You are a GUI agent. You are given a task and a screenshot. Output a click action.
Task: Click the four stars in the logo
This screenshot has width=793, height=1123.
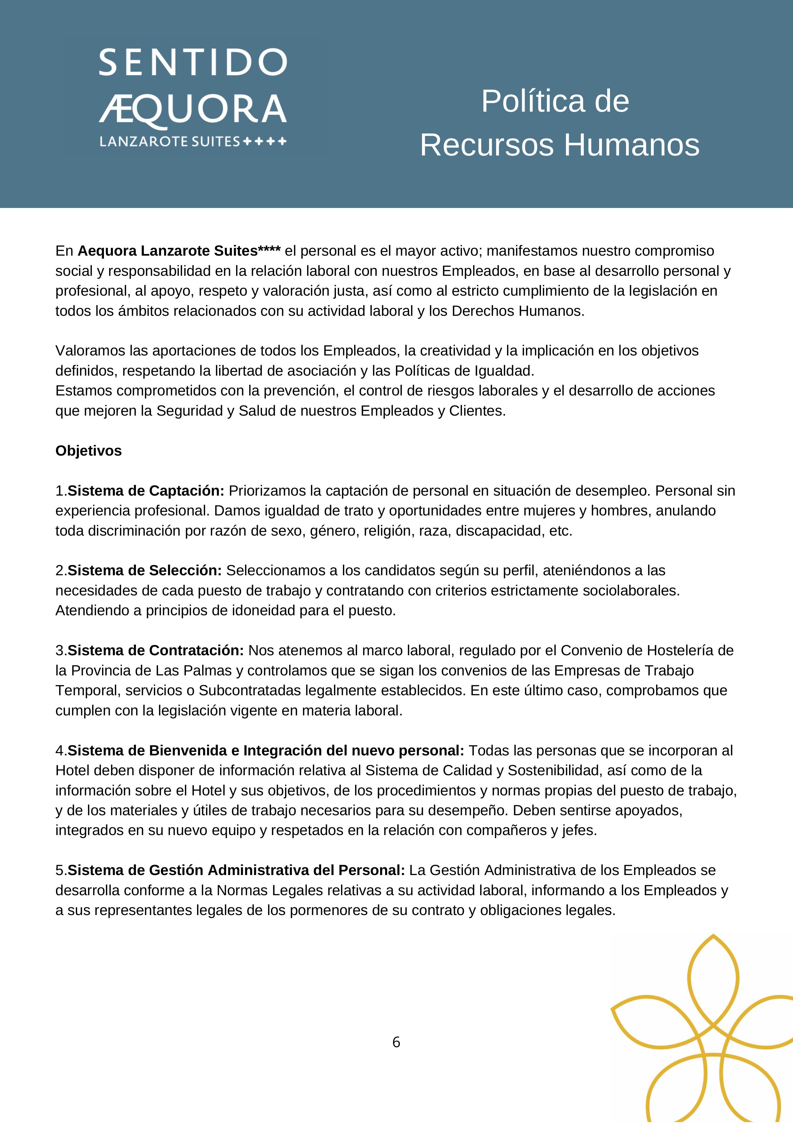pyautogui.click(x=265, y=142)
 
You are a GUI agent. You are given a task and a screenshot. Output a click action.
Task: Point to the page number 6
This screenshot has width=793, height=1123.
pyautogui.click(x=396, y=1042)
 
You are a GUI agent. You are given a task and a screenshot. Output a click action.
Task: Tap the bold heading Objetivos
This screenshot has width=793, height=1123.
pyautogui.click(x=89, y=450)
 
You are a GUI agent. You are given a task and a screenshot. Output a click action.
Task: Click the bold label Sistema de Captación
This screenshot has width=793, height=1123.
pyautogui.click(x=146, y=490)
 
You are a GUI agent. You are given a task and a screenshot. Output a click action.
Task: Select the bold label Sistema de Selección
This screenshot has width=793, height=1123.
pyautogui.click(x=145, y=570)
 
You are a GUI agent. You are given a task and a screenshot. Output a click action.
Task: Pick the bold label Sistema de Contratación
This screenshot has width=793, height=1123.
pyautogui.click(x=155, y=650)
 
